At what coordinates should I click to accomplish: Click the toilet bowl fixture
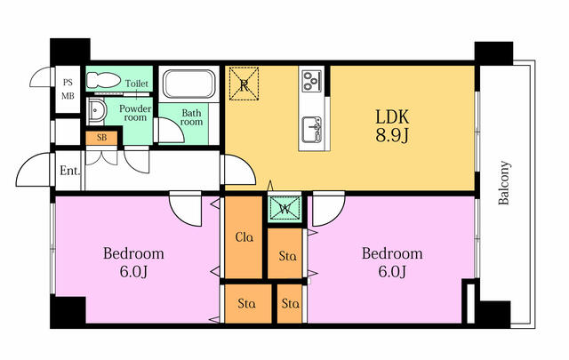[x=103, y=80]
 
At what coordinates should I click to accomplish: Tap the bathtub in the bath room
[x=189, y=84]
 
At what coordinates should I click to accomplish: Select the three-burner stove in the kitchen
[x=312, y=81]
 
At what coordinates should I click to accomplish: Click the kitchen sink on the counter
[x=312, y=130]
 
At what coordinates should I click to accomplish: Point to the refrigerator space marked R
[x=244, y=84]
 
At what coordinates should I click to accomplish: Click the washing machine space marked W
[x=285, y=209]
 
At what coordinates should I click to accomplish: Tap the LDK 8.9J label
[x=392, y=126]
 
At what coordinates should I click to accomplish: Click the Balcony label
[x=504, y=183]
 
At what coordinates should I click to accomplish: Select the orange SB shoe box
[x=102, y=138]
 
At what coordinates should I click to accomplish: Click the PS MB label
[x=68, y=89]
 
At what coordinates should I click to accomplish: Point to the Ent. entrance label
[x=69, y=171]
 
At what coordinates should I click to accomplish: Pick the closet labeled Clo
[x=244, y=237]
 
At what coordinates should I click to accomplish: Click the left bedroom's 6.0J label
[x=133, y=271]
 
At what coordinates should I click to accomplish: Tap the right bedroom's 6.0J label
[x=392, y=271]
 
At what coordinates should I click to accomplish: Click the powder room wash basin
[x=97, y=111]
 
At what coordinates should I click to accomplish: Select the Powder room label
[x=135, y=113]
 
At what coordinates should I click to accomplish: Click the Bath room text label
[x=191, y=117]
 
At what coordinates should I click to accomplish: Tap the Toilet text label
[x=137, y=84]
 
